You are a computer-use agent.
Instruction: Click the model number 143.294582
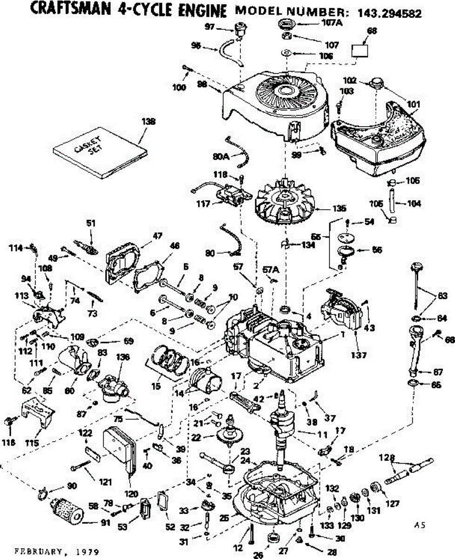click(x=390, y=14)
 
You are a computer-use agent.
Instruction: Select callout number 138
click(x=149, y=122)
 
